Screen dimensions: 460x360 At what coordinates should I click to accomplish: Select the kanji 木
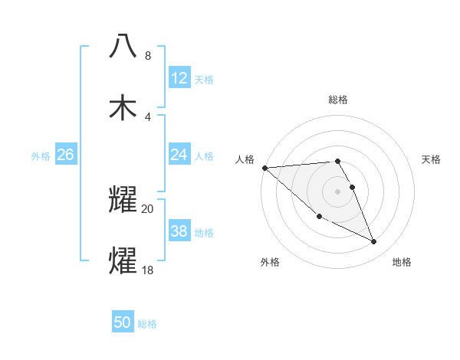pos(123,107)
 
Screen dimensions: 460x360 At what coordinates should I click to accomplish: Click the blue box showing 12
pos(179,78)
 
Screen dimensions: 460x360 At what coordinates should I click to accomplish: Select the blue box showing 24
pos(179,155)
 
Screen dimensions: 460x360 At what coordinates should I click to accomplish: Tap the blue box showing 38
pos(179,231)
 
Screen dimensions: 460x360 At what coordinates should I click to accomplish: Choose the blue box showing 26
pos(65,155)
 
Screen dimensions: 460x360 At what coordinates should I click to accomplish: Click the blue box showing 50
pos(123,323)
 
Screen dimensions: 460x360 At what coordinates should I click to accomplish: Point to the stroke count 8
pos(148,56)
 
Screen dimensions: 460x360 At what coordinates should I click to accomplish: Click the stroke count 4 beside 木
pos(148,117)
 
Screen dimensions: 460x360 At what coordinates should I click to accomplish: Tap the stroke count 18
pos(148,270)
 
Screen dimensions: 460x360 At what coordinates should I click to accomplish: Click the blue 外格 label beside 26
pos(41,155)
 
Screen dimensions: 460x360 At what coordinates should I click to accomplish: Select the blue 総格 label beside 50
pos(147,324)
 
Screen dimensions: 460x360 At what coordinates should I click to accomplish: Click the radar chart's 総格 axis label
pos(337,100)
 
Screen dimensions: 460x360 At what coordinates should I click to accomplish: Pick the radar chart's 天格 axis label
pos(432,159)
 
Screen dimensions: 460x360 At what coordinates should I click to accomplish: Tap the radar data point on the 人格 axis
pos(264,168)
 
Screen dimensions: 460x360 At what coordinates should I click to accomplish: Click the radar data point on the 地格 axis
pos(374,242)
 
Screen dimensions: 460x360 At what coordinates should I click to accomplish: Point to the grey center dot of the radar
pos(337,191)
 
